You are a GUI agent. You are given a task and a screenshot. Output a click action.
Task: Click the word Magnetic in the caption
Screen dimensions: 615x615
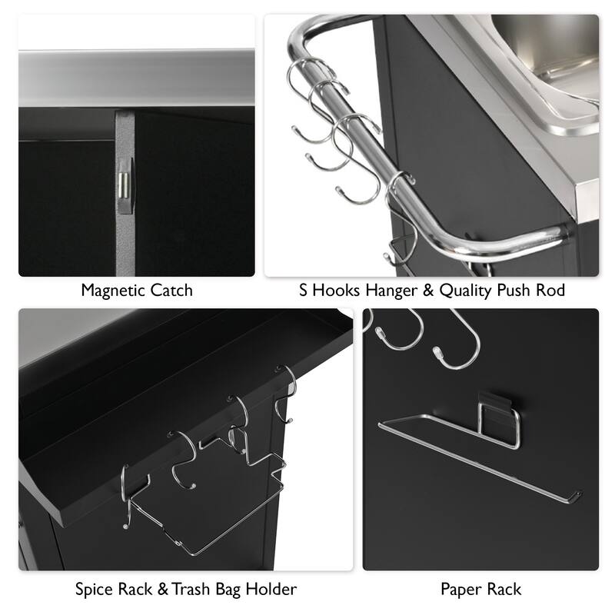(x=115, y=291)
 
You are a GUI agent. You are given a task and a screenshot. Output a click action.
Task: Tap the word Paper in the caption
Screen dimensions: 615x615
(x=461, y=590)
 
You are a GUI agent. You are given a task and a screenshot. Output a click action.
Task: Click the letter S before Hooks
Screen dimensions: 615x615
(x=304, y=291)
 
